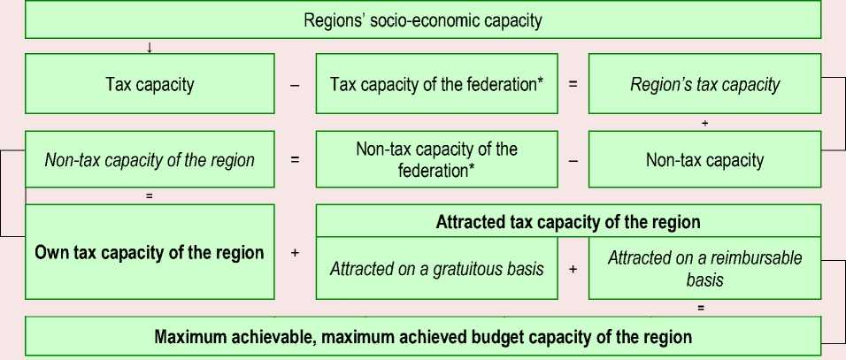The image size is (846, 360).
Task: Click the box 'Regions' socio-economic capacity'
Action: pyautogui.click(x=422, y=20)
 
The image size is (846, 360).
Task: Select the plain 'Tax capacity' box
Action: pyautogui.click(x=149, y=86)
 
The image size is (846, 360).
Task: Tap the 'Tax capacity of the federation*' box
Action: pyautogui.click(x=436, y=86)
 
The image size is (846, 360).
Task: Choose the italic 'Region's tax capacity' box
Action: pyautogui.click(x=704, y=86)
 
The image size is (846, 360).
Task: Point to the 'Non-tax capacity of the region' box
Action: pyautogui.click(x=149, y=160)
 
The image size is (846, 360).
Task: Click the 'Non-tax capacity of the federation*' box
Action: pyautogui.click(x=436, y=159)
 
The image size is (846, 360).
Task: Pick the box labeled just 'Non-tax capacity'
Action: pyautogui.click(x=704, y=160)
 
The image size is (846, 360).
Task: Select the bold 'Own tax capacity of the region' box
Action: pyautogui.click(x=149, y=253)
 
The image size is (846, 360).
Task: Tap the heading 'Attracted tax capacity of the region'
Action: pyautogui.click(x=568, y=222)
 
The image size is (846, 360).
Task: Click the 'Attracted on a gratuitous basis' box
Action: pyautogui.click(x=436, y=268)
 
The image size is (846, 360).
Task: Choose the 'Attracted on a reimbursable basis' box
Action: pyautogui.click(x=704, y=268)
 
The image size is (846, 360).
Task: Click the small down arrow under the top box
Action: pyautogui.click(x=149, y=47)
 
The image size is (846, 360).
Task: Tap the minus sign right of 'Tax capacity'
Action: pyautogui.click(x=294, y=86)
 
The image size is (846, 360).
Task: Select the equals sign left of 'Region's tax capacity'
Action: pyautogui.click(x=573, y=86)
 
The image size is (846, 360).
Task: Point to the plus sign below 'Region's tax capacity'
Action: pyautogui.click(x=704, y=123)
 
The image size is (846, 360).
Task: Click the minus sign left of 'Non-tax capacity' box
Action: pyautogui.click(x=573, y=160)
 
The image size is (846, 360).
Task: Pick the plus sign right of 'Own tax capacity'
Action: pyautogui.click(x=294, y=253)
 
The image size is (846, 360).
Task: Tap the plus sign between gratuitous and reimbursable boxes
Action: pyautogui.click(x=573, y=268)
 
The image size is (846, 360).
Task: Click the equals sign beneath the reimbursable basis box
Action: pyautogui.click(x=701, y=308)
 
